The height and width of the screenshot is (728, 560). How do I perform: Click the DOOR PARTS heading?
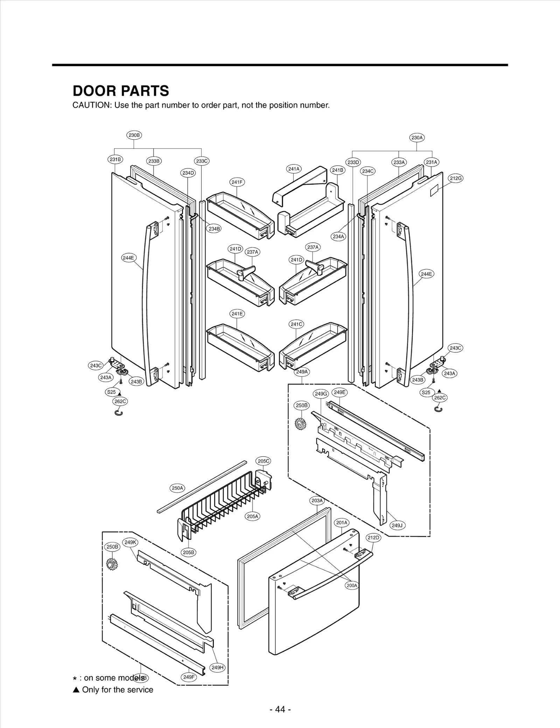pos(121,91)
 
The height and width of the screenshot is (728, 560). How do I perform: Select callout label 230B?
pos(134,135)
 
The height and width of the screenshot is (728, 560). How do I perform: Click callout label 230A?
pos(417,138)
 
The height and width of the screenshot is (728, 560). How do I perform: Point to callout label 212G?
pos(456,178)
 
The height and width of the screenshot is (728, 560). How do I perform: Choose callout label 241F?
pos(237,182)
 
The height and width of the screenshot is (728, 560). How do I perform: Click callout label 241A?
pos(294,169)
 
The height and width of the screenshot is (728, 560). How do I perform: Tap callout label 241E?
pos(237,313)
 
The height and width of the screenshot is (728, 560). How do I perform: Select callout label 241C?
pos(296,324)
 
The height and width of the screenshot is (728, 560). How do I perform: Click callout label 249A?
pos(302,372)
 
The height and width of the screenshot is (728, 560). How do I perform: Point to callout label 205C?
pos(264,461)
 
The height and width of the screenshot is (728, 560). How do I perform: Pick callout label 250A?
pos(177,488)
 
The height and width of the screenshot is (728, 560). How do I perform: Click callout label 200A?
pos(352,585)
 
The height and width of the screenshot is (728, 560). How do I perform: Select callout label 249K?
pos(130,542)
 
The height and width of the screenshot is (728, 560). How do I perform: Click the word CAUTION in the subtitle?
pos(92,105)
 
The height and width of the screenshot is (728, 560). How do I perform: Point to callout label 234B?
pos(214,229)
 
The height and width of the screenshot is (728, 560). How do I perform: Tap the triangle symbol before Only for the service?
pos(76,690)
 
